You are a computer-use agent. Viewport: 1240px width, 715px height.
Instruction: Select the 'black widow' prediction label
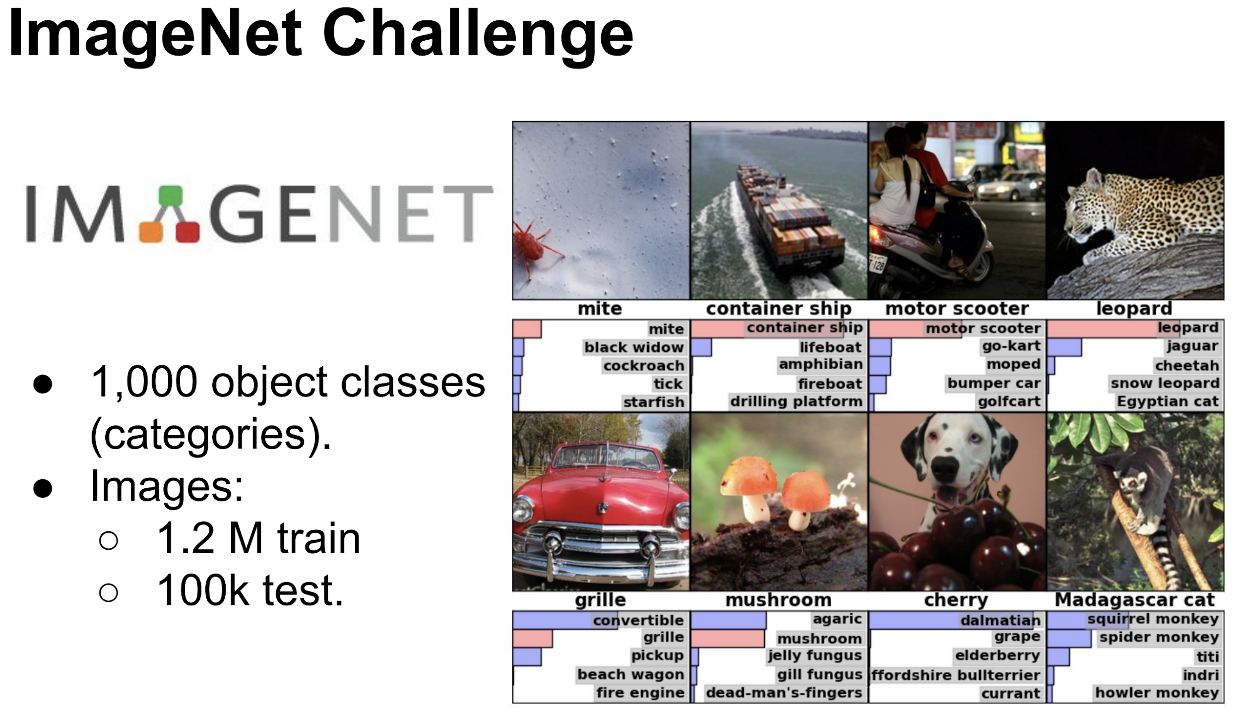click(x=633, y=347)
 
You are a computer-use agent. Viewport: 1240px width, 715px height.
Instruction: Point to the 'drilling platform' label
click(x=796, y=401)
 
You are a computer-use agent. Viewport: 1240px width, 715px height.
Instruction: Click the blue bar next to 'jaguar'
click(x=1064, y=347)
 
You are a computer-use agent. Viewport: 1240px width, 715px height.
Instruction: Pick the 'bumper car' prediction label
click(x=993, y=383)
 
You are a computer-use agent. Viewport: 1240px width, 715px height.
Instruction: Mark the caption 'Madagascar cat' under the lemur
click(x=1134, y=600)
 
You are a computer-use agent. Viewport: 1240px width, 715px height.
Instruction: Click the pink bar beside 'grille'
click(x=532, y=639)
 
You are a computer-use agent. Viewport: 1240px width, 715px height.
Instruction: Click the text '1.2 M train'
click(x=258, y=539)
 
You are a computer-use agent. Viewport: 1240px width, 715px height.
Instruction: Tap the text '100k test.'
click(x=250, y=591)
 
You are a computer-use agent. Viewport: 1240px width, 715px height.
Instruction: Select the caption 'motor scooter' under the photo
click(x=957, y=309)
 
